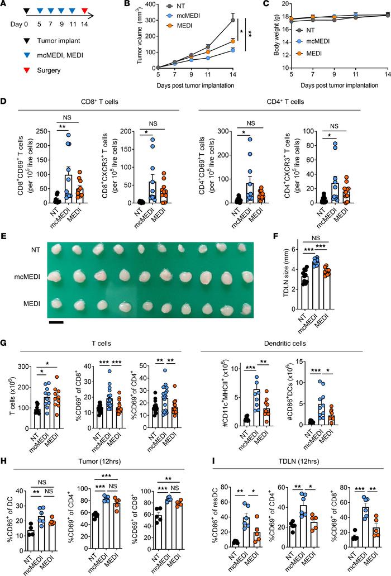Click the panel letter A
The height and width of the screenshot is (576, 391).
[x=5, y=5]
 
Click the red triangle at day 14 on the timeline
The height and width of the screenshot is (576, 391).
[x=84, y=11]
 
